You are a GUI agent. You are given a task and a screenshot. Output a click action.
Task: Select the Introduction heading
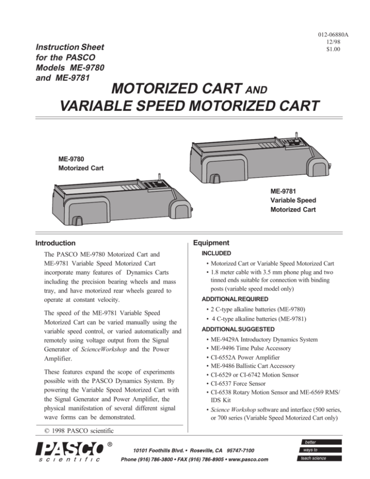[x=55, y=243]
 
